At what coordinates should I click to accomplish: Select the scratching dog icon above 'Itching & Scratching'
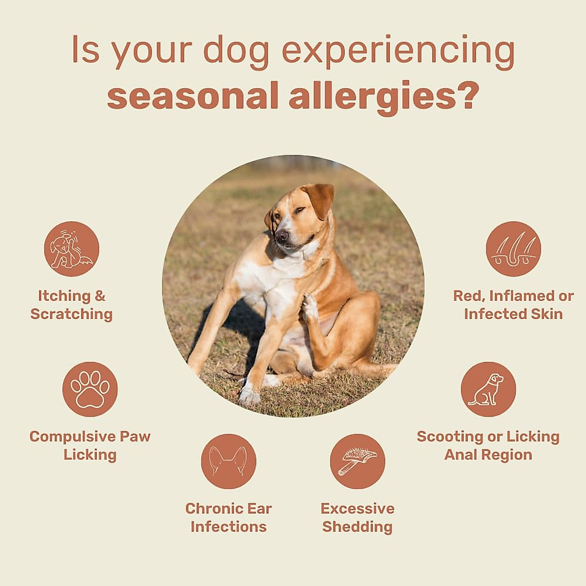72,249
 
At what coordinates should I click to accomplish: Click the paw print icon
90,389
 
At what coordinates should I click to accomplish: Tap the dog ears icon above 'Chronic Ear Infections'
229,461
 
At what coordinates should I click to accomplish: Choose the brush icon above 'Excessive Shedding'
357,461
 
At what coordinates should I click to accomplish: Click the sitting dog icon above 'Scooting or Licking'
488,389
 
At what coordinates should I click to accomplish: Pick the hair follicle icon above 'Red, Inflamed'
513,249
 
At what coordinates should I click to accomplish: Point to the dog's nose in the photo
282,236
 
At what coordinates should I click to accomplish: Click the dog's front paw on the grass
250,396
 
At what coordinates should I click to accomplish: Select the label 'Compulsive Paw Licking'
90,445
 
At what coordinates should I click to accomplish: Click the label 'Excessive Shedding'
357,518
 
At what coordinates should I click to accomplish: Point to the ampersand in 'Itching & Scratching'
100,296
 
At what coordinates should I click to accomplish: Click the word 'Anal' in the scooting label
461,455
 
